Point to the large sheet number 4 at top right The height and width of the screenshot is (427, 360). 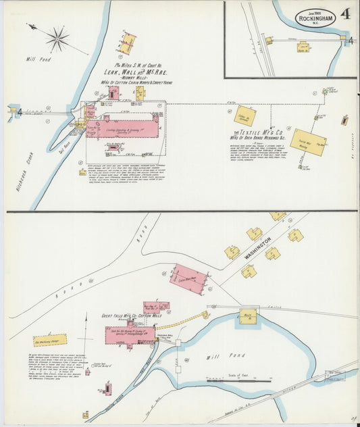(345, 14)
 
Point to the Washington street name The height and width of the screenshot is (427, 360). (258, 249)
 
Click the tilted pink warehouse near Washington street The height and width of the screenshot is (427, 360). (188, 278)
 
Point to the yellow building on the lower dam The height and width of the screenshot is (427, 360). (249, 315)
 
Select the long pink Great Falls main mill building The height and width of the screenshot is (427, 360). (130, 334)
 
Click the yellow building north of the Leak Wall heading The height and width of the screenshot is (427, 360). (128, 43)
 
